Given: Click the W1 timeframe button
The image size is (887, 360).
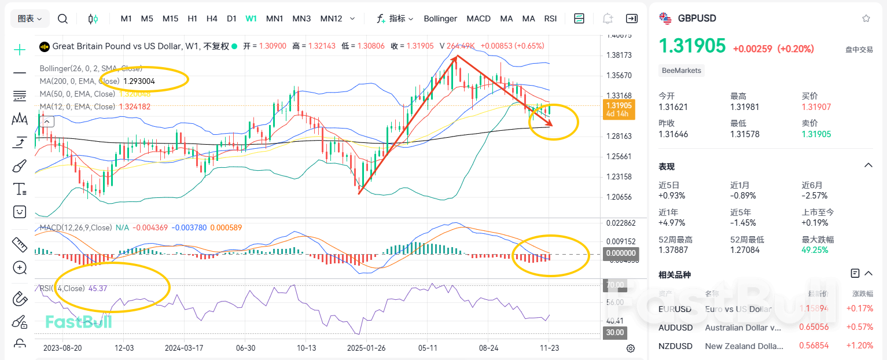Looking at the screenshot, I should pos(251,19).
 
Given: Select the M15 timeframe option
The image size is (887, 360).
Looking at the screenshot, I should pos(170,19).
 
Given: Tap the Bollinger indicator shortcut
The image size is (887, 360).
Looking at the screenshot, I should pos(440,19).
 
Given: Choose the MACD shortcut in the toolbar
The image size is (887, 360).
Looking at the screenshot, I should pos(479,19).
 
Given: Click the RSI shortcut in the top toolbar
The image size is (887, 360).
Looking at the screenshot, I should pos(550,19).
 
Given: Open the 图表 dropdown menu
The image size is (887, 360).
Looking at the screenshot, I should pos(30,19).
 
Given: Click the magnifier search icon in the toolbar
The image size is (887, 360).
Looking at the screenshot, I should pos(62,19).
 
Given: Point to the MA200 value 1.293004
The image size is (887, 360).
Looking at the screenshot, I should pos(139,81).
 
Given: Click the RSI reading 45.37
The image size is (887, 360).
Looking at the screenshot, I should pos(98,288).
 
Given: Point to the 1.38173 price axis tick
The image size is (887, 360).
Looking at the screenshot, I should pos(618,55).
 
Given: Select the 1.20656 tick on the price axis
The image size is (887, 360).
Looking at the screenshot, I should pos(618,197).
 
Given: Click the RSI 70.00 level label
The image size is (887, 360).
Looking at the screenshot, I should pos(614,285).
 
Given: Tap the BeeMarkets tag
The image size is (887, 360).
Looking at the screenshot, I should pos(682,71).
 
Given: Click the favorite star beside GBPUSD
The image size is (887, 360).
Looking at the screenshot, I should pos(866,19).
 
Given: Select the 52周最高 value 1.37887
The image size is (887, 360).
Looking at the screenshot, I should pos(675,250).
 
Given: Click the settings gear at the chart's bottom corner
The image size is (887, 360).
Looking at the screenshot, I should pos(631,348).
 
